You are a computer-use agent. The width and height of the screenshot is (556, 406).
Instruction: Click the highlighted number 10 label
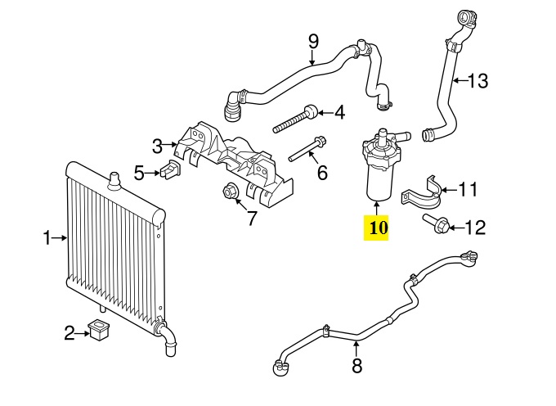coord(377,228)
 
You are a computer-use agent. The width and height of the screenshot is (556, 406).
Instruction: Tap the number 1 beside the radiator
coord(47,238)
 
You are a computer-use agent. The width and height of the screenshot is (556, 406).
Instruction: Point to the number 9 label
coord(312,40)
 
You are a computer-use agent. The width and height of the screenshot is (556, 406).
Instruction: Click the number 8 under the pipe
coord(356,367)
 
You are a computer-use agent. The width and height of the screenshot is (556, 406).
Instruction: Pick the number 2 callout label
coord(69,332)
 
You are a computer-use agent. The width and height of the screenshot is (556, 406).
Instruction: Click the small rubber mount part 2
coord(100,332)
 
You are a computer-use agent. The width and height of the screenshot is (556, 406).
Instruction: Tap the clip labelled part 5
coord(170,171)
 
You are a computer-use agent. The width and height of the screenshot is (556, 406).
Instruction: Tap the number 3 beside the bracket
coord(157,147)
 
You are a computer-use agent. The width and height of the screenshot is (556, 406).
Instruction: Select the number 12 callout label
coord(475,227)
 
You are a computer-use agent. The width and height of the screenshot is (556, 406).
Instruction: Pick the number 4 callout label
coord(338,111)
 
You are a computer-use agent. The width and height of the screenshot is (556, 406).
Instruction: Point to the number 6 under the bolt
coord(321,173)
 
